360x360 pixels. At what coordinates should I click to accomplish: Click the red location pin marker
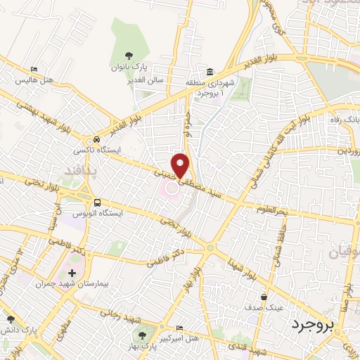pyautogui.click(x=182, y=165)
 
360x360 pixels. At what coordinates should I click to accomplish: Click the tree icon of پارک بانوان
pyautogui.click(x=128, y=56)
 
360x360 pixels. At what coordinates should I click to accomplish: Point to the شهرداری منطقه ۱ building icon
pyautogui.click(x=210, y=72)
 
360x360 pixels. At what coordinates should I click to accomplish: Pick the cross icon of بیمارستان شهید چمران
pyautogui.click(x=72, y=272)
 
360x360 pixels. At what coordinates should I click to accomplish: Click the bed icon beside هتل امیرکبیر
pyautogui.click(x=179, y=328)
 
